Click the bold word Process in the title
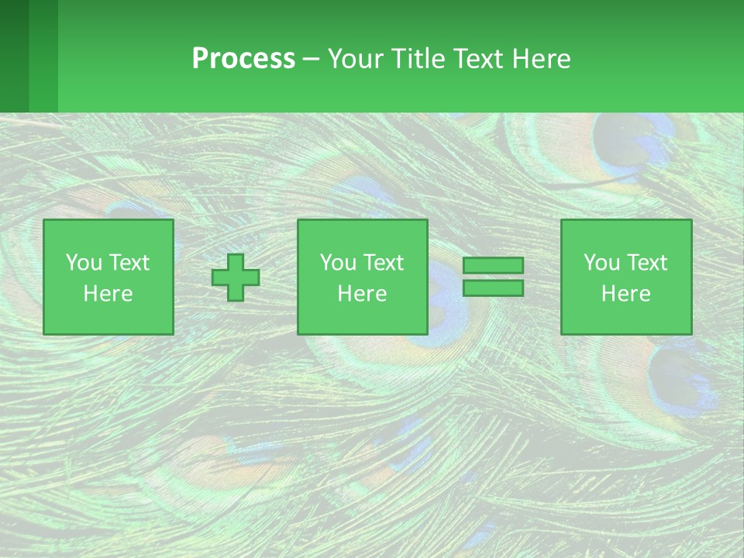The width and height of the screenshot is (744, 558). (x=243, y=59)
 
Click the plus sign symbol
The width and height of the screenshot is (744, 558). (x=236, y=277)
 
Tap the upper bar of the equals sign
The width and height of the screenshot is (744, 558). (x=493, y=266)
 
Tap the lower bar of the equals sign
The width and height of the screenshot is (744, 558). (x=493, y=288)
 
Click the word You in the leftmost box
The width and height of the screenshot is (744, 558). (x=82, y=263)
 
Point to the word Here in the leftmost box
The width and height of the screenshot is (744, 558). (x=108, y=294)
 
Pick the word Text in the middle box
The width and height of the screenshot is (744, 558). (x=384, y=263)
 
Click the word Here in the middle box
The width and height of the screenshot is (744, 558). (x=363, y=294)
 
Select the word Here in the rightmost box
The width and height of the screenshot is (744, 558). (x=626, y=294)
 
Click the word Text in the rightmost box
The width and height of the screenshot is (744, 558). (x=647, y=263)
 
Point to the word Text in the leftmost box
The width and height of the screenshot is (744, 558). (x=129, y=263)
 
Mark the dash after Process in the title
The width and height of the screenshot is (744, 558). (x=312, y=60)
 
